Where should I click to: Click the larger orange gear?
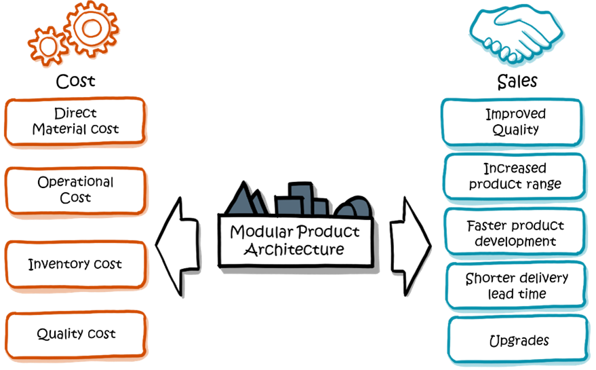tap(92, 28)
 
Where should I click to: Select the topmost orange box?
tap(75, 122)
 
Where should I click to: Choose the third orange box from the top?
tap(75, 264)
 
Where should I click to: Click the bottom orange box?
tap(77, 334)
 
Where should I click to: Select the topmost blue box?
tap(512, 122)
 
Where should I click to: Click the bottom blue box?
tap(517, 339)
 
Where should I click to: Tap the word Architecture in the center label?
tap(294, 249)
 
